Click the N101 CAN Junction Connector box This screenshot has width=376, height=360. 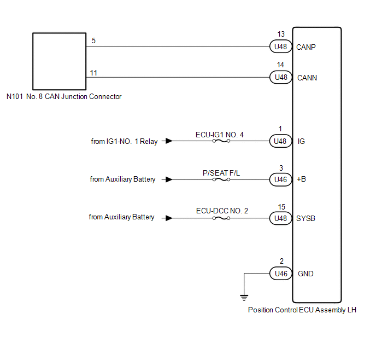[59, 61]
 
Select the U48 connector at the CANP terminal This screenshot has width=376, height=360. [280, 47]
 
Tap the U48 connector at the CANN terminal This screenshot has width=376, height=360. [280, 78]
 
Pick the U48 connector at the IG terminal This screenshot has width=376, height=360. [280, 141]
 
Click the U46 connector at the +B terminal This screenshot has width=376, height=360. [280, 179]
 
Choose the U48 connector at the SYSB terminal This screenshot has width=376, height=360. [280, 218]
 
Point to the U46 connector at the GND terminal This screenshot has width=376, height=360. [280, 274]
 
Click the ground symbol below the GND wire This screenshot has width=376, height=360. [243, 298]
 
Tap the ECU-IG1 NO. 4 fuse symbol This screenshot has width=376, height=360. [221, 141]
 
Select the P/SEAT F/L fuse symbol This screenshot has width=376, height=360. [221, 179]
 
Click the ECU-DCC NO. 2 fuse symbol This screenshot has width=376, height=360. [221, 218]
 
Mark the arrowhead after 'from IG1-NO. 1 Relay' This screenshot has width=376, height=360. [169, 141]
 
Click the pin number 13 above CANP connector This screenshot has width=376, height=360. [281, 34]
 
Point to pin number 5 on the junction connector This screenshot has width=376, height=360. [93, 40]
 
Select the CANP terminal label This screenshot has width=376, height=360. [307, 47]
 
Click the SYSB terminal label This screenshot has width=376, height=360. [307, 218]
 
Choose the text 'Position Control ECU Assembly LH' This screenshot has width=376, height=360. [302, 310]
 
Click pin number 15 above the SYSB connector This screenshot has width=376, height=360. [281, 206]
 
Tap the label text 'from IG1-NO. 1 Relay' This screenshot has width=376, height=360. [124, 141]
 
